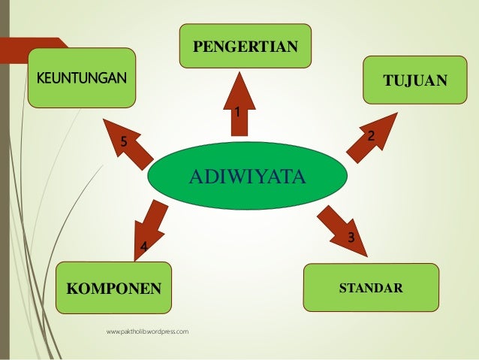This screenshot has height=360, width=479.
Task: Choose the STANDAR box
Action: pyautogui.click(x=370, y=288)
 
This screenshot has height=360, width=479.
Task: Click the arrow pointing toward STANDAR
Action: pyautogui.click(x=339, y=224)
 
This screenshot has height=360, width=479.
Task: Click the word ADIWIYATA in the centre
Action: pyautogui.click(x=247, y=177)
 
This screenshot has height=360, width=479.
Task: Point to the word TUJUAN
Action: pyautogui.click(x=414, y=80)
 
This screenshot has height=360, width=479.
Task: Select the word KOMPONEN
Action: pyautogui.click(x=114, y=288)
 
